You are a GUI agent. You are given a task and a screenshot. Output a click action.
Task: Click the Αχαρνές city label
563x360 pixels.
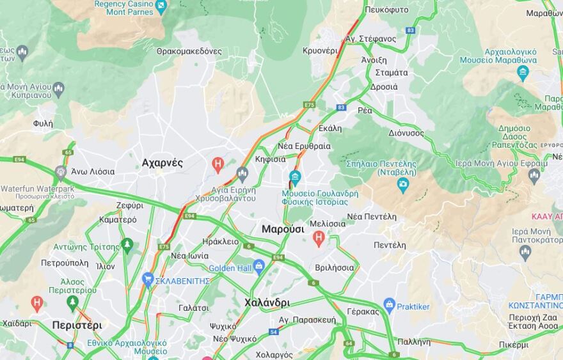click(162, 163)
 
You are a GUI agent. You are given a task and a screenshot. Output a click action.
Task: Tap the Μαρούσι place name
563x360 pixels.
click(283, 229)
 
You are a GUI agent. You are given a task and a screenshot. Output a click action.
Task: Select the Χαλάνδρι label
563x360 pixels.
click(267, 302)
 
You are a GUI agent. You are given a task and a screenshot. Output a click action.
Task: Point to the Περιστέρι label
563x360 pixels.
click(77, 325)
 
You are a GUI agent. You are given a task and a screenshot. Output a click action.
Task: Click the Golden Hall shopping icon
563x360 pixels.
click(259, 265)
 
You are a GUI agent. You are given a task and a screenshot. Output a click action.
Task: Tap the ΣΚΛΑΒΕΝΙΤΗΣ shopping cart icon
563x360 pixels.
click(148, 280)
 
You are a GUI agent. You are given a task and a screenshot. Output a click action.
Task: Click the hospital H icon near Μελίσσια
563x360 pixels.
click(319, 239)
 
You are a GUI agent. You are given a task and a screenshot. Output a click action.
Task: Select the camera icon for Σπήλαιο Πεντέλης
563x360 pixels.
click(403, 185)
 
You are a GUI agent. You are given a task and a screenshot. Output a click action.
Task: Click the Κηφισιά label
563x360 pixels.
click(270, 159)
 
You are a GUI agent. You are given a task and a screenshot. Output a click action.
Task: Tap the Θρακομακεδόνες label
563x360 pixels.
click(189, 51)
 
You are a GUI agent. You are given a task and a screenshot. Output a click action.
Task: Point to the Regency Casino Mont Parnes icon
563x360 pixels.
click(161, 7)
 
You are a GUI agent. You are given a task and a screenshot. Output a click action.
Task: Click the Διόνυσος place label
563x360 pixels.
click(406, 133)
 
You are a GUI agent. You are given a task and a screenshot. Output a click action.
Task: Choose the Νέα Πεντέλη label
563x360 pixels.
click(372, 217)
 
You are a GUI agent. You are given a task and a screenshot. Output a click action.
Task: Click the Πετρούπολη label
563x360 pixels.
click(65, 263)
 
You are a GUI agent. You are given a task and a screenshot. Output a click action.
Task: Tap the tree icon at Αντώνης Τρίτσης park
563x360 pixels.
click(127, 244)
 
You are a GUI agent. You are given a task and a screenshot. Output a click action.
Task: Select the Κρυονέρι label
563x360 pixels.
click(320, 51)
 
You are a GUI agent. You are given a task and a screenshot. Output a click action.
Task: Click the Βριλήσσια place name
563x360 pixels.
click(335, 268)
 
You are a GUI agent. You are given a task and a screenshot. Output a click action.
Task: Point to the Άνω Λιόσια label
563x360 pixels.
click(93, 171)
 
